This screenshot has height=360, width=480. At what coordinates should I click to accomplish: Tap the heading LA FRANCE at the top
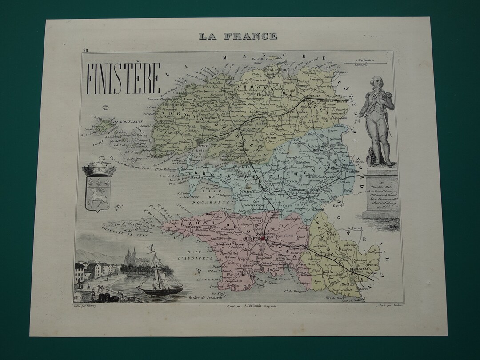(x=238, y=36)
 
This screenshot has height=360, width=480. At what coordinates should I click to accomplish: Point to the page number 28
(x=85, y=51)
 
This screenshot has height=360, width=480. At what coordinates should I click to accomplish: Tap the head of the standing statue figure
(x=377, y=82)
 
